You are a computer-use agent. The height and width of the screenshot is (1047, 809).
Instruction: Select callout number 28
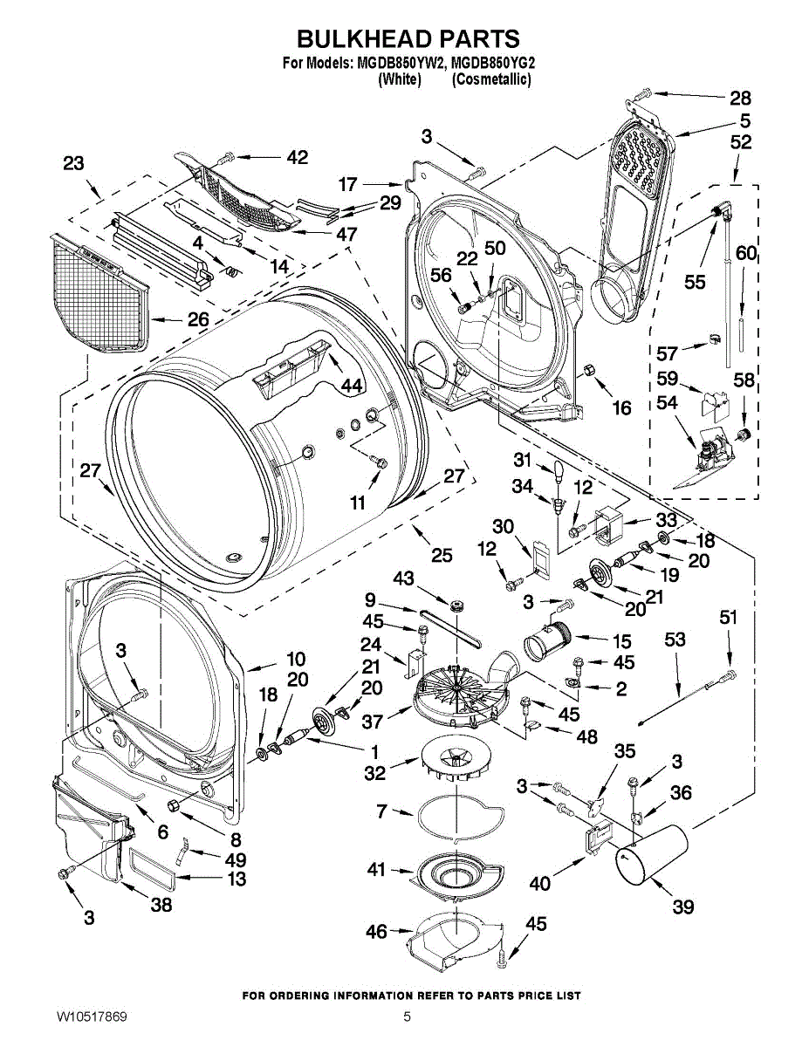(740, 98)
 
